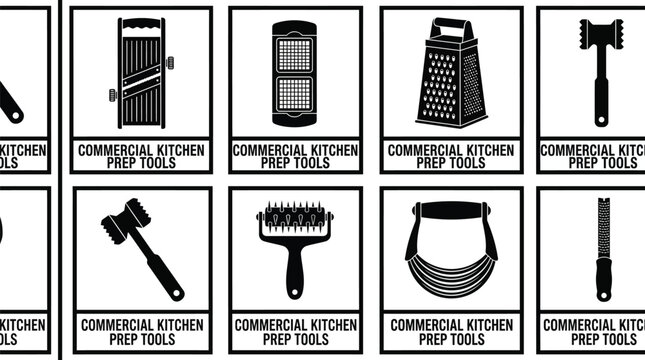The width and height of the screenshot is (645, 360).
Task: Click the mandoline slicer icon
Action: [x=140, y=74]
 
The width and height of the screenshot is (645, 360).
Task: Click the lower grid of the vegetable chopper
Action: [x=294, y=94]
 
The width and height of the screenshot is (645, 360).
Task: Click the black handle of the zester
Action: [x=603, y=282]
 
